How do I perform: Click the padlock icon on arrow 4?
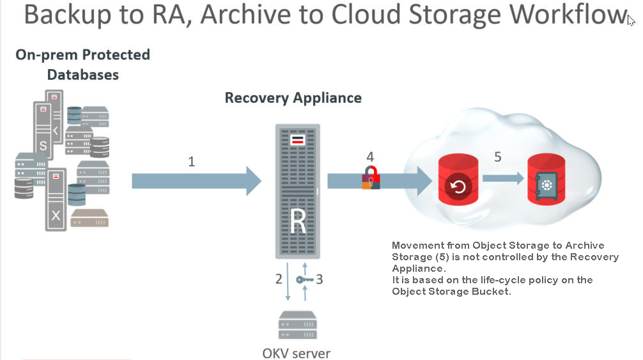(371, 177)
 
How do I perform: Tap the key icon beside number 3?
(305, 280)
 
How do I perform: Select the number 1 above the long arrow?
(192, 162)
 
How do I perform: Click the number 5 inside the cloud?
(497, 157)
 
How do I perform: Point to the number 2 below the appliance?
(279, 279)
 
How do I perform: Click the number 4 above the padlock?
(370, 157)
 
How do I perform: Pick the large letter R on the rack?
(298, 221)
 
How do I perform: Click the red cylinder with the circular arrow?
(458, 180)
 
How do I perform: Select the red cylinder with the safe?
(546, 179)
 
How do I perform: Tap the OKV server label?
(296, 353)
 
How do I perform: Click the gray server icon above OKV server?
(298, 325)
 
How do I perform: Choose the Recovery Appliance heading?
(293, 98)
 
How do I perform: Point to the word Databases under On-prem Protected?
(83, 75)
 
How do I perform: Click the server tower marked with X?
(56, 200)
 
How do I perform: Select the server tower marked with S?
(43, 130)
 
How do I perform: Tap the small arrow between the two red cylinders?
(503, 178)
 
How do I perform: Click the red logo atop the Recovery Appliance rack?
(297, 139)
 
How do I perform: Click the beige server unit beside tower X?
(89, 218)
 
